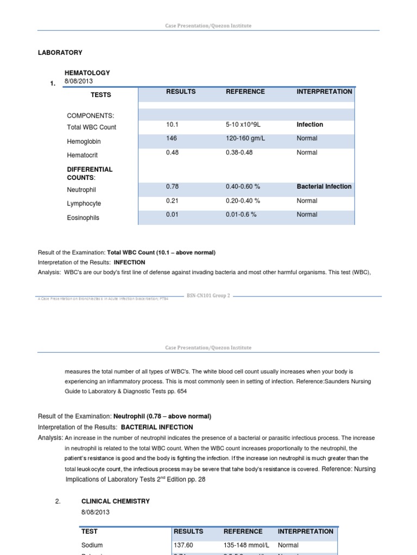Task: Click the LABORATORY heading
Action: coord(60,53)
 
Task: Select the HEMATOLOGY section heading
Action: coord(87,73)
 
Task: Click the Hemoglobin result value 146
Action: coord(172,139)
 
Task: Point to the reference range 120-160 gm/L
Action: coord(244,139)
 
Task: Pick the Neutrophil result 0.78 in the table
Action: coord(173,186)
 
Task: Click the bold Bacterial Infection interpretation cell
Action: coord(324,186)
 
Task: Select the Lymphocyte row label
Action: coord(84,204)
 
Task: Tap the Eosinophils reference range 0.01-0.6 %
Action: coord(242,215)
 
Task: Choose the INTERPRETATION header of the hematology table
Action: coord(324,92)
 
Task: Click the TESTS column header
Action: coord(100,95)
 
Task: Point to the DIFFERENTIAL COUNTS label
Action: coord(89,173)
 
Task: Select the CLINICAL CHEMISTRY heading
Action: coord(115,501)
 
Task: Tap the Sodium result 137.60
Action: coord(184,545)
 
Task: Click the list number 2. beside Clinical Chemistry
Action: coord(59,501)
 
